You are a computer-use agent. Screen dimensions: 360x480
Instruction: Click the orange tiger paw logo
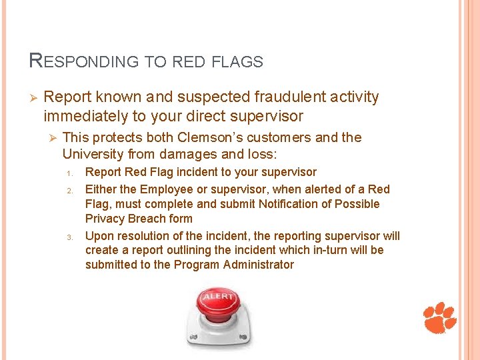[440, 317]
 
